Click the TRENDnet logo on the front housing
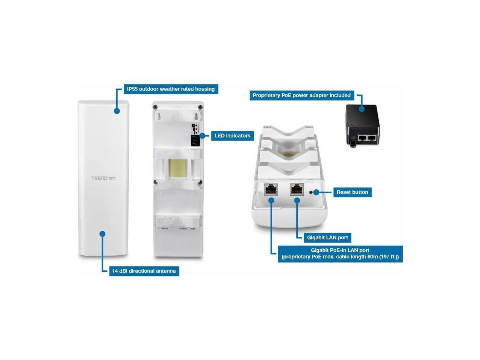point(103,178)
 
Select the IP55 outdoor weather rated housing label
point(171,89)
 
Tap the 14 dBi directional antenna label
point(144,271)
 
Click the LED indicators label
point(232,135)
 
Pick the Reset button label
point(352,192)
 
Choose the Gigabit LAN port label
point(327,237)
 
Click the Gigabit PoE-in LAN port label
point(340,253)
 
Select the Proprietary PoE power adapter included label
point(301,95)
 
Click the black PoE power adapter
point(362,126)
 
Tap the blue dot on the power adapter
point(362,109)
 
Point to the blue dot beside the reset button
point(316,192)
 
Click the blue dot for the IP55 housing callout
point(117,111)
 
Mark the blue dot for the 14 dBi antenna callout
point(102,234)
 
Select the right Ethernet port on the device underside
point(297,190)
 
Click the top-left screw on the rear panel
point(154,107)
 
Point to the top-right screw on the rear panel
point(201,107)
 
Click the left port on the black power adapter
point(362,138)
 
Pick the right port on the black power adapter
point(372,138)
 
